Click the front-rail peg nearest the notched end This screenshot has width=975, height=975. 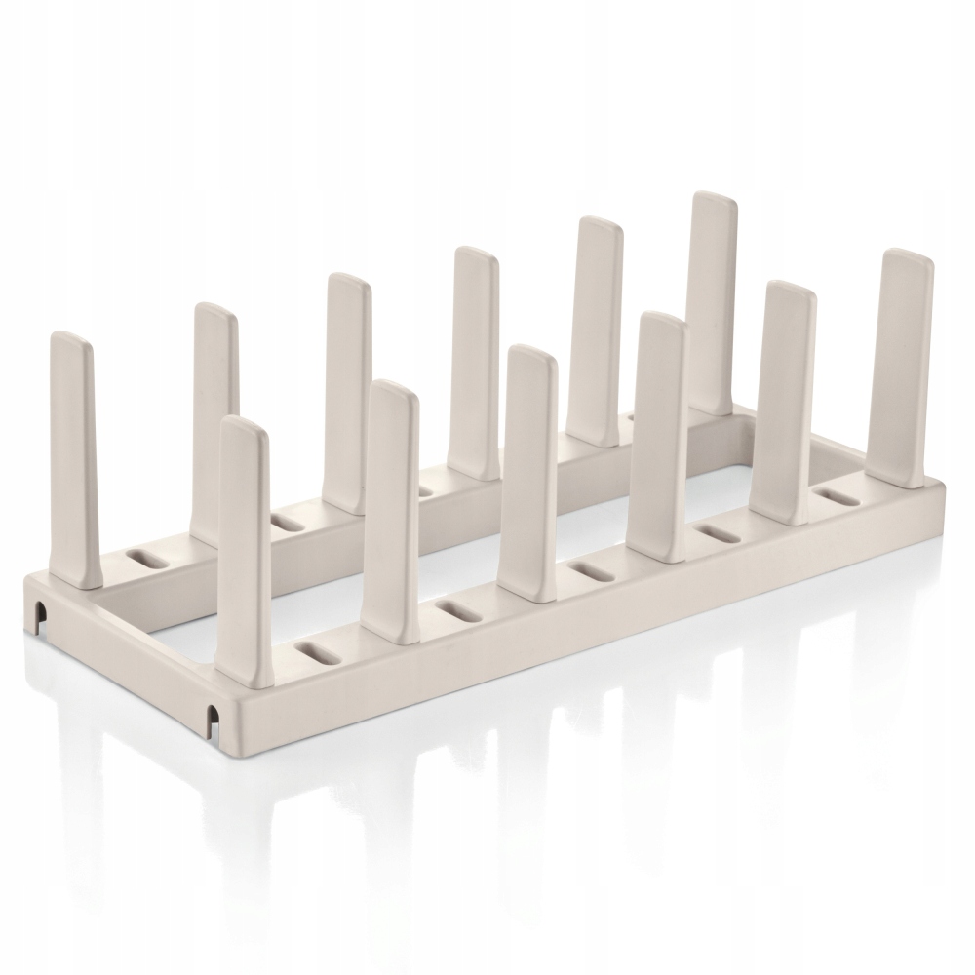tap(244, 546)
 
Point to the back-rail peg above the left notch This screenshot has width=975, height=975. tap(72, 458)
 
